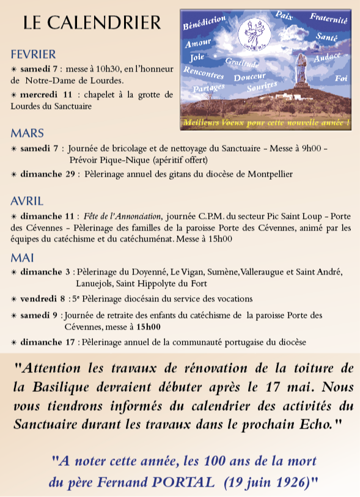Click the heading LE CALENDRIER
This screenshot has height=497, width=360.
pos(92,23)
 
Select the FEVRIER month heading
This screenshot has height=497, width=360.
pos(33,54)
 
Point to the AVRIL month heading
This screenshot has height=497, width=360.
pos(27,201)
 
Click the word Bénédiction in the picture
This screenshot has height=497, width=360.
pos(204,24)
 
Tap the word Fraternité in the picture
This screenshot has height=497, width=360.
pos(328,20)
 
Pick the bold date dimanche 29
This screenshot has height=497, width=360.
pos(48,174)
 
